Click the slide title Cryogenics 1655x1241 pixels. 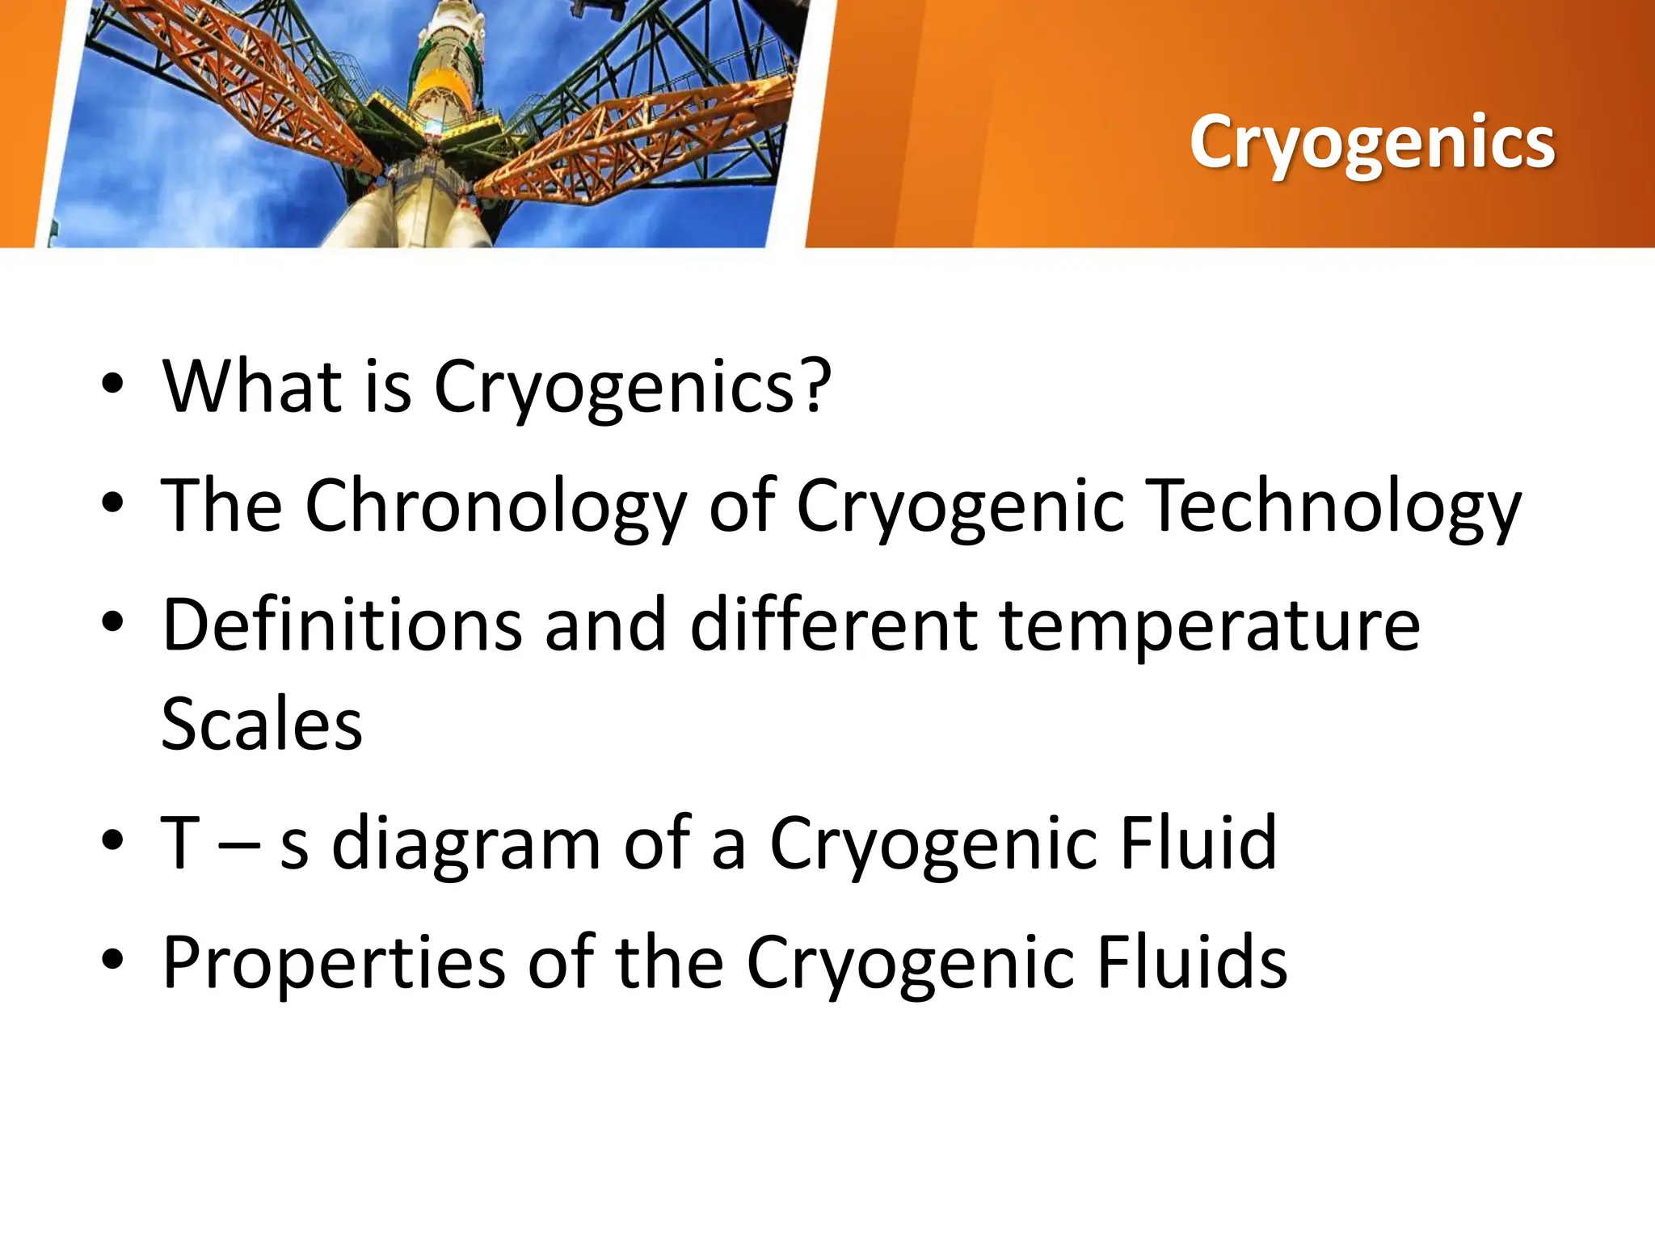[x=1371, y=142]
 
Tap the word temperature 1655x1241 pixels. [x=1210, y=626]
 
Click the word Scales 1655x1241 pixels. [x=262, y=724]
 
